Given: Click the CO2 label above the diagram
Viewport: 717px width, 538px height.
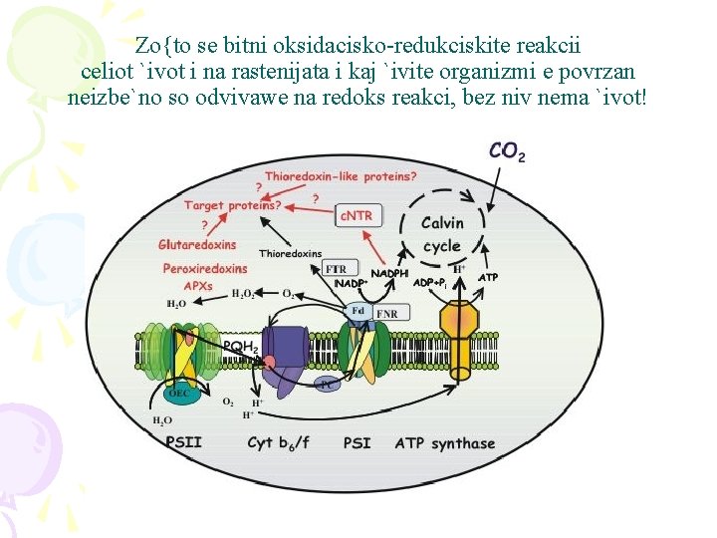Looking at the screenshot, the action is (x=507, y=150).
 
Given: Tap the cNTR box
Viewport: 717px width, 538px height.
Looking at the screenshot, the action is (x=356, y=215).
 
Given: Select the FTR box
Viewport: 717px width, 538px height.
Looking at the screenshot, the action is (x=337, y=269).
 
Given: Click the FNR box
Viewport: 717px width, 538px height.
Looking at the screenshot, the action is (x=387, y=314).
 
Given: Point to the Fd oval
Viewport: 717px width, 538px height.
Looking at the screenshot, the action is (x=358, y=311).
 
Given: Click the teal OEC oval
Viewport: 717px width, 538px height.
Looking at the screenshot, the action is (x=179, y=393).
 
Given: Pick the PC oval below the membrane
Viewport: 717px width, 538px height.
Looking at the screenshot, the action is (x=326, y=384).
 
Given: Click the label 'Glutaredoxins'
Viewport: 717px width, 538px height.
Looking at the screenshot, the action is (x=197, y=245).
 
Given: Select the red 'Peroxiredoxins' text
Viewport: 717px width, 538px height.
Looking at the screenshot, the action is (x=205, y=268).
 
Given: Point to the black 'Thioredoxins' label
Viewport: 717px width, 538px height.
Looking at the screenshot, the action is (x=291, y=254).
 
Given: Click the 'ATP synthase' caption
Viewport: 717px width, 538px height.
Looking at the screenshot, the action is (x=444, y=442).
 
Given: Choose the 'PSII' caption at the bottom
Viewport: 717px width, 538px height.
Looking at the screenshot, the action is (x=183, y=442).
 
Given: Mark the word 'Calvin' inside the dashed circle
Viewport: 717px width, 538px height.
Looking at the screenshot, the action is (x=442, y=223).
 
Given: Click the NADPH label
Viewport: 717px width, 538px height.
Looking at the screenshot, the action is (x=389, y=273).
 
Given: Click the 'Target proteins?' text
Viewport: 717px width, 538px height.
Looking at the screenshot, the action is (x=232, y=205).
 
